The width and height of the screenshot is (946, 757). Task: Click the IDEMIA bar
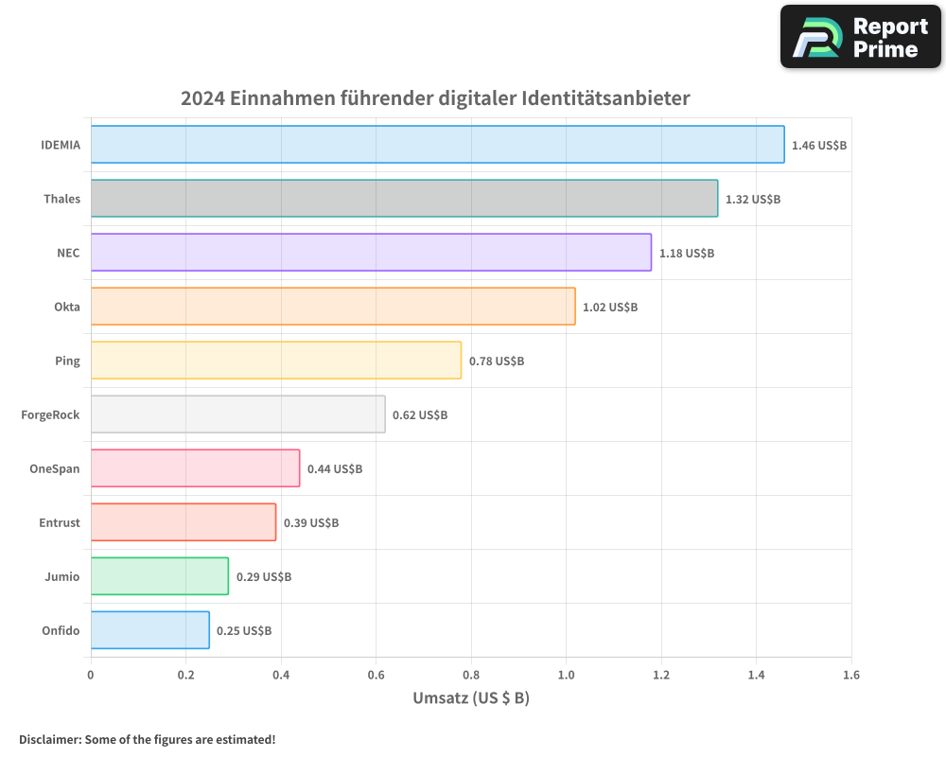tap(437, 145)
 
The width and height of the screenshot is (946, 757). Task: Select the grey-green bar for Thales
tap(404, 199)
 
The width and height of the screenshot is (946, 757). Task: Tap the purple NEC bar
tap(371, 253)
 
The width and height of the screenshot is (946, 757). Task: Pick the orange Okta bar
tap(333, 307)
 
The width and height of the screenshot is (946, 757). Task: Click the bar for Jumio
tap(160, 576)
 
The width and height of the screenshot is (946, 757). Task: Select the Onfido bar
tap(150, 630)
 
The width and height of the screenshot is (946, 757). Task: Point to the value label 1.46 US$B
tap(818, 146)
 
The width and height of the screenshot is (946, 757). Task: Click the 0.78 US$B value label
tap(496, 361)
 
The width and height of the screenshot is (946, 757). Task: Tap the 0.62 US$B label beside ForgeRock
tap(419, 415)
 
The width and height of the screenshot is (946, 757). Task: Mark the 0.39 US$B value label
tap(310, 523)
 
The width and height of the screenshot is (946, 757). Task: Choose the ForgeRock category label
tap(50, 414)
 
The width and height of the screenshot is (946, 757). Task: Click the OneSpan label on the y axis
tap(55, 468)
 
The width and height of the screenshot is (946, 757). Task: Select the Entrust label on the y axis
tap(60, 522)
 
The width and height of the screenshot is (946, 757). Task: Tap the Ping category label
tap(67, 361)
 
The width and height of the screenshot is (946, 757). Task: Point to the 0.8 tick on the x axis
tap(471, 676)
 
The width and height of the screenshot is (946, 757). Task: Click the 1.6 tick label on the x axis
tap(851, 676)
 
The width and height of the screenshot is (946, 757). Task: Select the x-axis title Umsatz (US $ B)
tap(471, 698)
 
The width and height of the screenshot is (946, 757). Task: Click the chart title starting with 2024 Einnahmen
tap(435, 98)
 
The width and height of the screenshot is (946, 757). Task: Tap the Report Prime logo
tap(861, 37)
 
